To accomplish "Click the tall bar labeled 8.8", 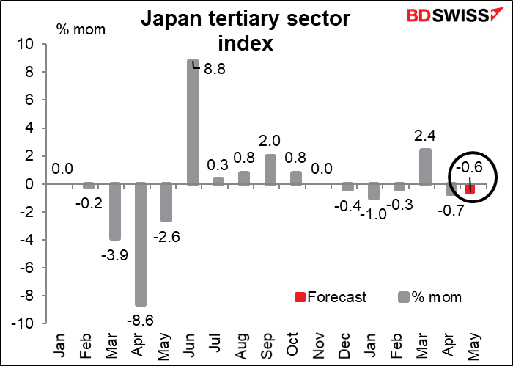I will click(x=192, y=122).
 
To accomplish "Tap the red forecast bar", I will click(x=469, y=189).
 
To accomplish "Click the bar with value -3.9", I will click(x=115, y=211).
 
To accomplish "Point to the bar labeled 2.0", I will click(x=270, y=169).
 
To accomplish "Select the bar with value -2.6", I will click(x=166, y=202).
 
